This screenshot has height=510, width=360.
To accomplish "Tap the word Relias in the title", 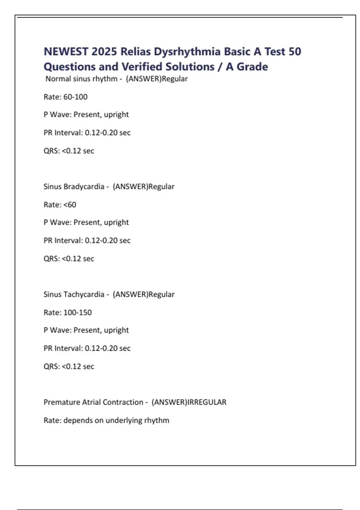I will [x=136, y=52].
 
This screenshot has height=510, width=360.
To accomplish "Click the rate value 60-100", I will [x=75, y=97].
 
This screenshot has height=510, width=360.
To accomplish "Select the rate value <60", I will [x=70, y=205].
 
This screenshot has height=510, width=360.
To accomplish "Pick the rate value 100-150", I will [x=77, y=312].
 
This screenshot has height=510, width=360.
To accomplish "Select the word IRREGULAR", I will [x=207, y=402].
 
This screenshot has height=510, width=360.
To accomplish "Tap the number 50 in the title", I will [x=295, y=52].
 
